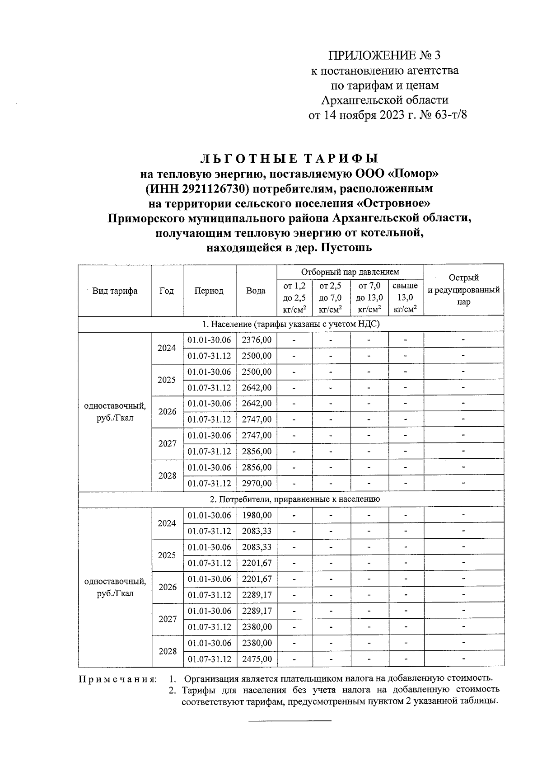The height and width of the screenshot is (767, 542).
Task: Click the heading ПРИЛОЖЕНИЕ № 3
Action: coord(383,56)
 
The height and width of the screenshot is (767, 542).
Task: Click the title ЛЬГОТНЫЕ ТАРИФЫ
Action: coord(290,159)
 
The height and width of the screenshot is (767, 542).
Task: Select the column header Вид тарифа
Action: coord(115,291)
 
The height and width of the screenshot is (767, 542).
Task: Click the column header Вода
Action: coord(256,291)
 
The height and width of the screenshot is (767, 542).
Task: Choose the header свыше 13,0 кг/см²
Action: coord(405,297)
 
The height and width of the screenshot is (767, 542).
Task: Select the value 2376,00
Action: coord(257,340)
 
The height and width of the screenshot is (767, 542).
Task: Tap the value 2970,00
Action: coord(257,484)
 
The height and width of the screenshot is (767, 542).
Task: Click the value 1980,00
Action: coord(257,515)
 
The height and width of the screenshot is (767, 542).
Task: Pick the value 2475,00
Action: coord(257,659)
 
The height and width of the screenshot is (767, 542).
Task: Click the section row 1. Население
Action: coord(290,324)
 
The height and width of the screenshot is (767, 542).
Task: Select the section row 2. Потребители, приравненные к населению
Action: coord(290,499)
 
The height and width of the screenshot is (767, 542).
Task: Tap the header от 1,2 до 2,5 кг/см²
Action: coord(294,297)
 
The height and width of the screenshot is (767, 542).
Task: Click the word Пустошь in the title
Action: coord(346,248)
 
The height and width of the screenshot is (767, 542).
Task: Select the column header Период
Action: coord(209,291)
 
